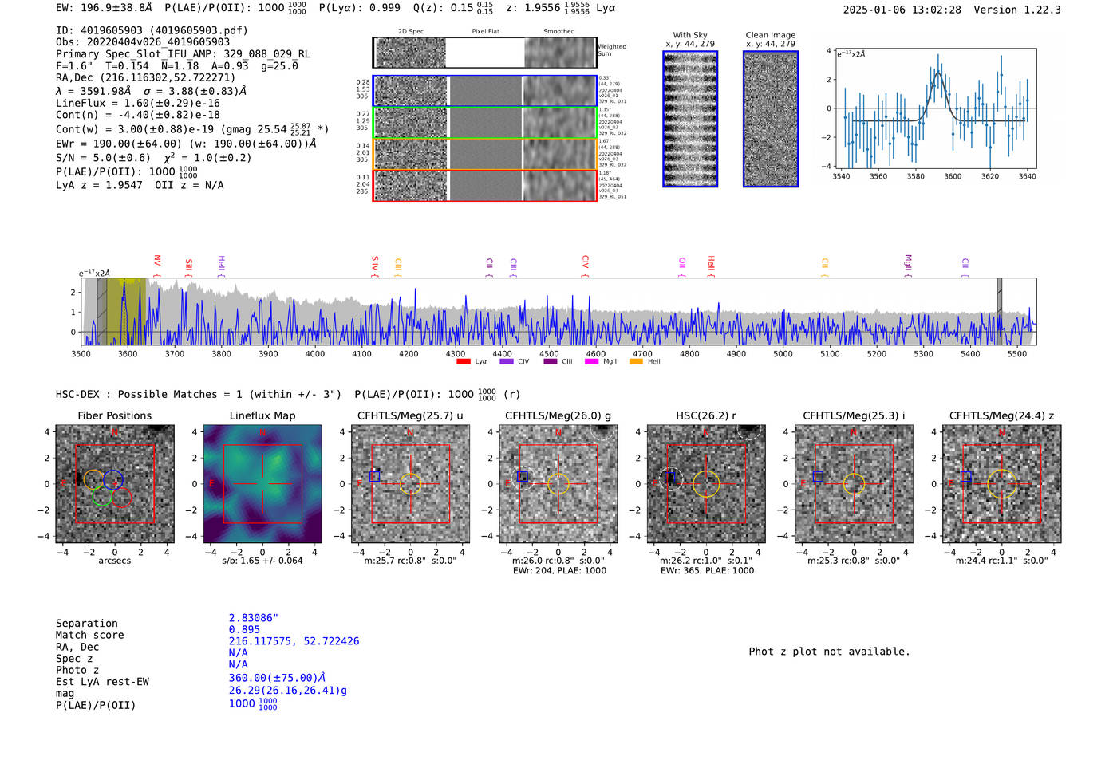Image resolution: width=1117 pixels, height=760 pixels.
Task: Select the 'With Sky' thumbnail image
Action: coord(690,119)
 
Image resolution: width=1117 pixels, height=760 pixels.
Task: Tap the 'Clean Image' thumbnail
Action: coord(771,119)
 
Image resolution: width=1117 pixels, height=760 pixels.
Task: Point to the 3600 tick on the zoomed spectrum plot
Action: coord(953,176)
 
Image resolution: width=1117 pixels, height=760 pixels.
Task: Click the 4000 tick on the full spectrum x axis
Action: coord(315,353)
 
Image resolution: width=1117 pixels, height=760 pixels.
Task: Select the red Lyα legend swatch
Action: coord(464,362)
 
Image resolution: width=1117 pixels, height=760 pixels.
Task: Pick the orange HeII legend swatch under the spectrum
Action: coord(636,362)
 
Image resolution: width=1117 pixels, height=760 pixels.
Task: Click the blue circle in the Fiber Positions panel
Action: coord(113,479)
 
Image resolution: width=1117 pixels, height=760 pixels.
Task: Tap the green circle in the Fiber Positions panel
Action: coord(101,496)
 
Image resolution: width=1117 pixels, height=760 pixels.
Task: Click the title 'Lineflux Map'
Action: coord(262,415)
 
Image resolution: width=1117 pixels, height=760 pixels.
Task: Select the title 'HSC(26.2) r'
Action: coord(705,415)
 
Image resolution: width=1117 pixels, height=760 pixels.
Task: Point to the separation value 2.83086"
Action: coord(253,618)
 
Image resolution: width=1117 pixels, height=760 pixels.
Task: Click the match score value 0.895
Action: coord(244,629)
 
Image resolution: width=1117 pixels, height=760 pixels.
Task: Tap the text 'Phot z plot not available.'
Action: coord(829,652)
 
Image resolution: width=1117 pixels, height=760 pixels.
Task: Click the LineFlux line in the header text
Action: coord(137,103)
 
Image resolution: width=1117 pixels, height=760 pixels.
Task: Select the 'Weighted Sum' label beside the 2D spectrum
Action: coord(611,50)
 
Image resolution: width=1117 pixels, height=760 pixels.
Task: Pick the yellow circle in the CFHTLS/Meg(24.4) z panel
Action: coord(1001,484)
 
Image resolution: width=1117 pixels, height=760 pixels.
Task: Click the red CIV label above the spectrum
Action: coord(585,262)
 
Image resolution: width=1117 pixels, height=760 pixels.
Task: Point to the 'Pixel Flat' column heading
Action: coord(485,32)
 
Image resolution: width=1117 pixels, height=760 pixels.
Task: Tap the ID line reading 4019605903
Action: coord(152,30)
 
